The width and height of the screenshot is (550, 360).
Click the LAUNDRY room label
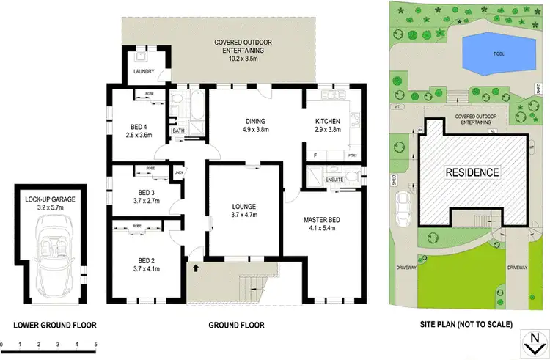click(x=142, y=71)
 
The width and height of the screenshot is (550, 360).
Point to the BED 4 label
click(x=139, y=125)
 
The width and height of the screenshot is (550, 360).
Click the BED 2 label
click(x=139, y=260)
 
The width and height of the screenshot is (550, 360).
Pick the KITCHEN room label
click(x=326, y=121)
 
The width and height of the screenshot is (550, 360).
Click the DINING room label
click(x=254, y=121)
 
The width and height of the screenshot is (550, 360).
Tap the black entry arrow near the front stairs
click(x=195, y=268)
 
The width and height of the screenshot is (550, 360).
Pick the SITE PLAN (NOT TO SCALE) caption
click(x=462, y=325)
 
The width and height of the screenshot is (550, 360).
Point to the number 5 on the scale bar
click(x=95, y=344)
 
